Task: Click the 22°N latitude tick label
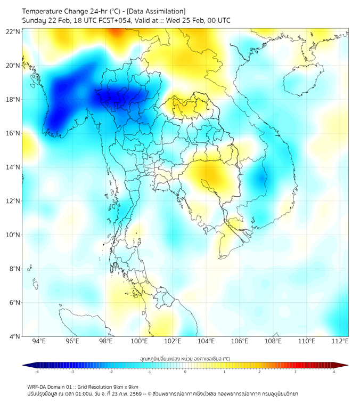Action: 13,31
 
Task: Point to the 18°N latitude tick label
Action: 13,100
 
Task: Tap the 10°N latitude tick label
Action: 13,235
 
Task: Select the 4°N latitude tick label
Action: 14,336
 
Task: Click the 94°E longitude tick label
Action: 39,341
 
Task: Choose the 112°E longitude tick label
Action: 340,341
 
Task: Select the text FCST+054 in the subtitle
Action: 120,20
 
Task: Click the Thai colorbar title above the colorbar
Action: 185,359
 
